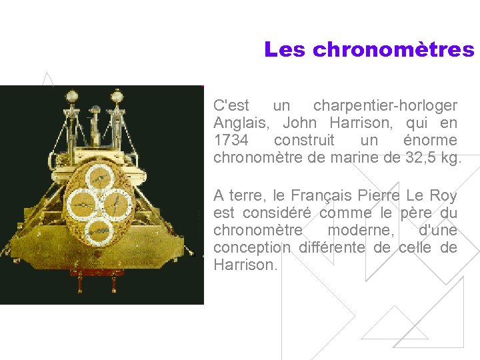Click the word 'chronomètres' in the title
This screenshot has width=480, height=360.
click(393, 50)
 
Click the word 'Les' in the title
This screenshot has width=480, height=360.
click(285, 50)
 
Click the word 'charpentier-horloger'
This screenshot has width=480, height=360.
click(385, 106)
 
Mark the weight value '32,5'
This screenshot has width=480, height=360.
click(418, 158)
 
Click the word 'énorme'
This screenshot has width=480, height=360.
click(431, 141)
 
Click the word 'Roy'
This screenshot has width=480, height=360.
click(444, 196)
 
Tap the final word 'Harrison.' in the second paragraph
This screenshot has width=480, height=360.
click(245, 265)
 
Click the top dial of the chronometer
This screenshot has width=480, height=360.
click(99, 177)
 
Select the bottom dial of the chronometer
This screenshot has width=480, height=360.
click(99, 229)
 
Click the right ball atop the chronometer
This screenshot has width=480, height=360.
click(118, 95)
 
